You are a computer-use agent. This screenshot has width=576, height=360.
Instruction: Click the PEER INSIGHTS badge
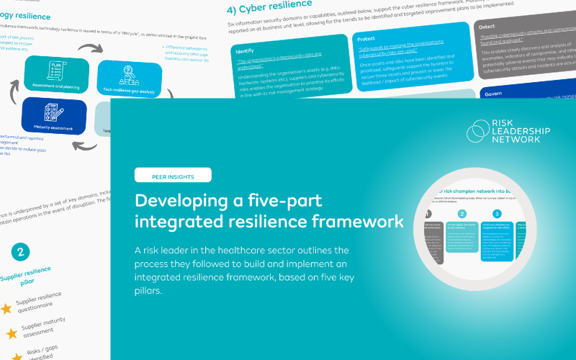(x=172, y=175)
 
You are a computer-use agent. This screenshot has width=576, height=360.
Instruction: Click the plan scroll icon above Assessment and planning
(x=56, y=70)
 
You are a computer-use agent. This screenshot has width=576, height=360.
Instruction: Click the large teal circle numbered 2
(x=22, y=251)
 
